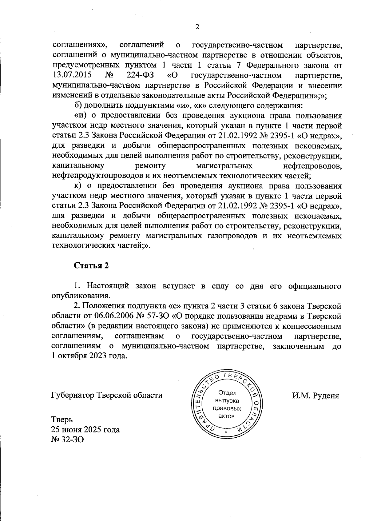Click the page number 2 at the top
(x=197, y=27)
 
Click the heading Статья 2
(x=91, y=266)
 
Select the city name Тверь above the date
(x=62, y=420)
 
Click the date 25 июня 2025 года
(x=85, y=430)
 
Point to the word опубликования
(x=80, y=296)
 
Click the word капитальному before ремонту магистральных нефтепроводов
(x=78, y=166)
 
